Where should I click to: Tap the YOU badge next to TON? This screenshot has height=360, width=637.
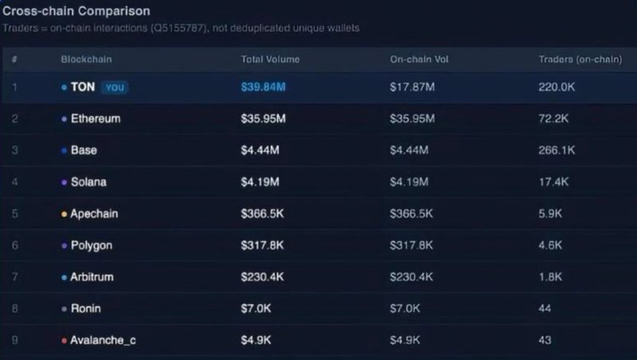115,88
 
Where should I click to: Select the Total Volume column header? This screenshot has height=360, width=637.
271,60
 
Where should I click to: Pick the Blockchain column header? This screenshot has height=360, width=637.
85,60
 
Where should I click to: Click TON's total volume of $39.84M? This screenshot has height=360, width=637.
263,87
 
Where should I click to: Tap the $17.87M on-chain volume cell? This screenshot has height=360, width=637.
412,87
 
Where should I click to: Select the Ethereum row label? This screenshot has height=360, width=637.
96,119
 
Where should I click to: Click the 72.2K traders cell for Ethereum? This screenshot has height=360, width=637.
553,119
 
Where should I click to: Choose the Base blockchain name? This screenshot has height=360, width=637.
84,150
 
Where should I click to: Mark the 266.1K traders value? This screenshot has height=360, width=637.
557,150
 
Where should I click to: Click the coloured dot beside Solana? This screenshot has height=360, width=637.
64,182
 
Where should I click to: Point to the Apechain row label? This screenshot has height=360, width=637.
95,214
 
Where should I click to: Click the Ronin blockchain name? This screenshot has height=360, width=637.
86,308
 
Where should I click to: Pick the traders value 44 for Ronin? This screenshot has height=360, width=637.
545,308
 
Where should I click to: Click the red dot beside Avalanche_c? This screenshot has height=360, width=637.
64,341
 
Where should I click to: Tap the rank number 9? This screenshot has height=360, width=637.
15,340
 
